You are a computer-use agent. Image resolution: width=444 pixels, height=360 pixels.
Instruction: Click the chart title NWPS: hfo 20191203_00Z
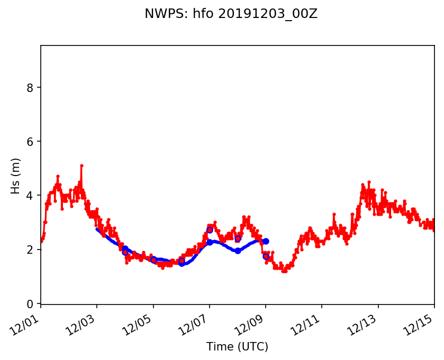pyautogui.click(x=231, y=14)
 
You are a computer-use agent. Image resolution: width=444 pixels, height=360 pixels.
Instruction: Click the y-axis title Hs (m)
pyautogui.click(x=16, y=175)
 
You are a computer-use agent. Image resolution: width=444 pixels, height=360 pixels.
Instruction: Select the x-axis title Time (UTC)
pyautogui.click(x=237, y=347)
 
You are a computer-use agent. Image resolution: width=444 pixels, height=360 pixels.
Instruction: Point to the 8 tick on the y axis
pyautogui.click(x=31, y=87)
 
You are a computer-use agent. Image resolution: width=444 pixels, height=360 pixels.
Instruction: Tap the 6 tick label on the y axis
pyautogui.click(x=31, y=142)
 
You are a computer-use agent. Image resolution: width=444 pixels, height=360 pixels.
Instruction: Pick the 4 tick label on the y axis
pyautogui.click(x=31, y=196)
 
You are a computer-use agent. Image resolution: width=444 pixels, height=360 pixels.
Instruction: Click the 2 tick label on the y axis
pyautogui.click(x=31, y=250)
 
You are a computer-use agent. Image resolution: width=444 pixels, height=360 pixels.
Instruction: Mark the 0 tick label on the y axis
pyautogui.click(x=31, y=303)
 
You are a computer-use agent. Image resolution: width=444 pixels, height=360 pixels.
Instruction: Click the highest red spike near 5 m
pyautogui.click(x=81, y=165)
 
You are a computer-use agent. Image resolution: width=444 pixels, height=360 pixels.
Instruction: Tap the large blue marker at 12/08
pyautogui.click(x=238, y=251)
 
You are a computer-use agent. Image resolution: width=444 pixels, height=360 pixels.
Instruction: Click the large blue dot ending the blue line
pyautogui.click(x=266, y=241)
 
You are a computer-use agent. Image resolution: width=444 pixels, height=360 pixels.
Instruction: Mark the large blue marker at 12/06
pyautogui.click(x=182, y=263)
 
